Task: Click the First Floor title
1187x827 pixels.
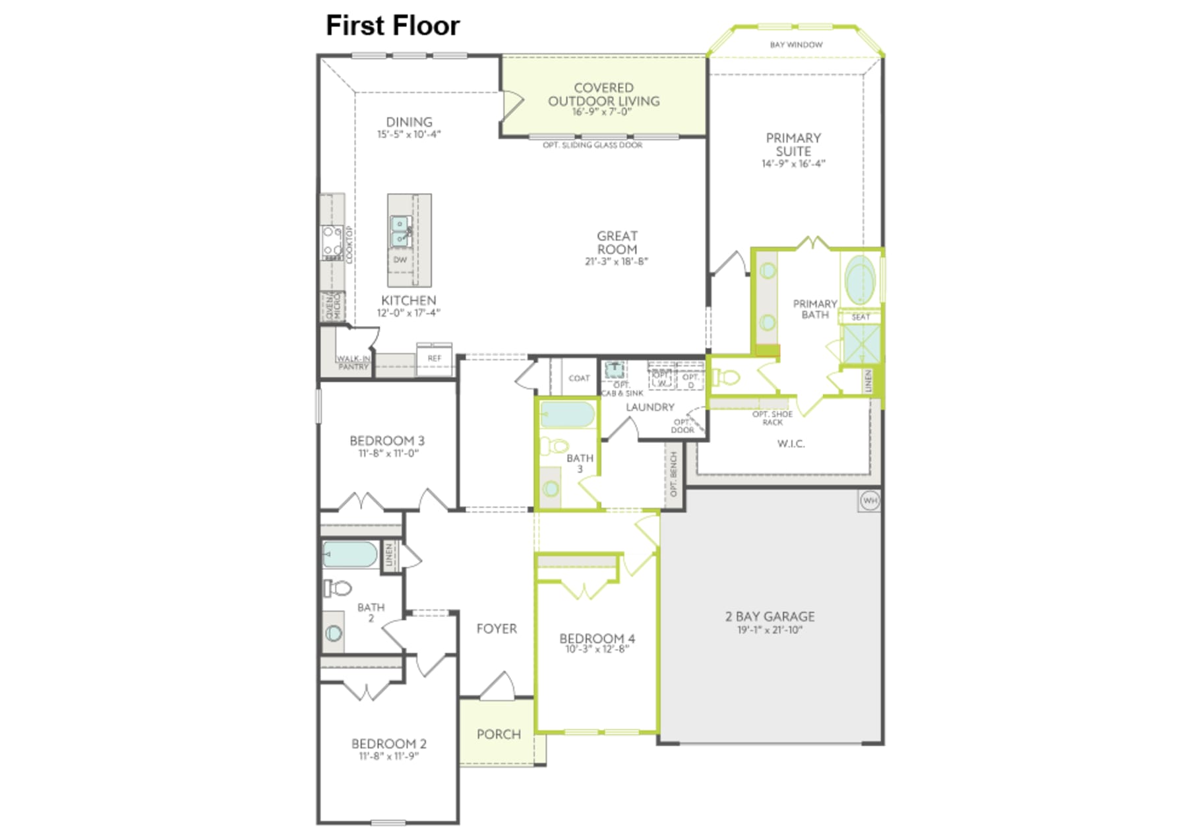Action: tap(392, 26)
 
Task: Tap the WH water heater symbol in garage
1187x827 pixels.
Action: tap(870, 501)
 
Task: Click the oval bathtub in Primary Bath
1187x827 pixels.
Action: tap(860, 279)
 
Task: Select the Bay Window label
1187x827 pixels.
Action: tap(796, 45)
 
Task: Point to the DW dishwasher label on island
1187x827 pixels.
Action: tap(400, 260)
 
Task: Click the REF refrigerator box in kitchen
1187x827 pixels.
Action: tap(434, 358)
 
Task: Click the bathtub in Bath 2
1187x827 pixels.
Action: tap(350, 555)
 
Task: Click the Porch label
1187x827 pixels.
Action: tap(499, 734)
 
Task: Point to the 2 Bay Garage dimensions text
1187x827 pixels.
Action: tap(770, 630)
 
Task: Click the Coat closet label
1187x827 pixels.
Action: tap(579, 378)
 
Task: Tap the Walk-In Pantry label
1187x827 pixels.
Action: tap(353, 362)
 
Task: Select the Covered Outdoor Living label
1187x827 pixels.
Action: tap(603, 94)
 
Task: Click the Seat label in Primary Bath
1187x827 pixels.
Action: tap(861, 317)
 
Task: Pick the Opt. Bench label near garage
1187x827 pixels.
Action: tap(673, 474)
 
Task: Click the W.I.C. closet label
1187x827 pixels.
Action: tap(791, 444)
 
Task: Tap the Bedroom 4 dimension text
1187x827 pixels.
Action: tap(597, 649)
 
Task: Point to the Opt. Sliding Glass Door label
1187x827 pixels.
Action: tap(592, 145)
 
